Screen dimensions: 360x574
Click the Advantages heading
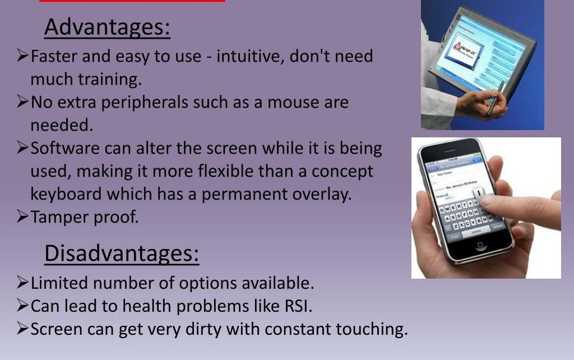(x=107, y=27)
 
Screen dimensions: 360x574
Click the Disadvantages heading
(x=122, y=253)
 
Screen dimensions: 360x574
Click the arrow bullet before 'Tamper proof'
(x=22, y=217)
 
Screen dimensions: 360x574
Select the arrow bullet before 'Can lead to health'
(x=22, y=306)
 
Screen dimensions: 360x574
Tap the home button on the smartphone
(x=479, y=246)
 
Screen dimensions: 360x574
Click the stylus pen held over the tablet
(x=496, y=98)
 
